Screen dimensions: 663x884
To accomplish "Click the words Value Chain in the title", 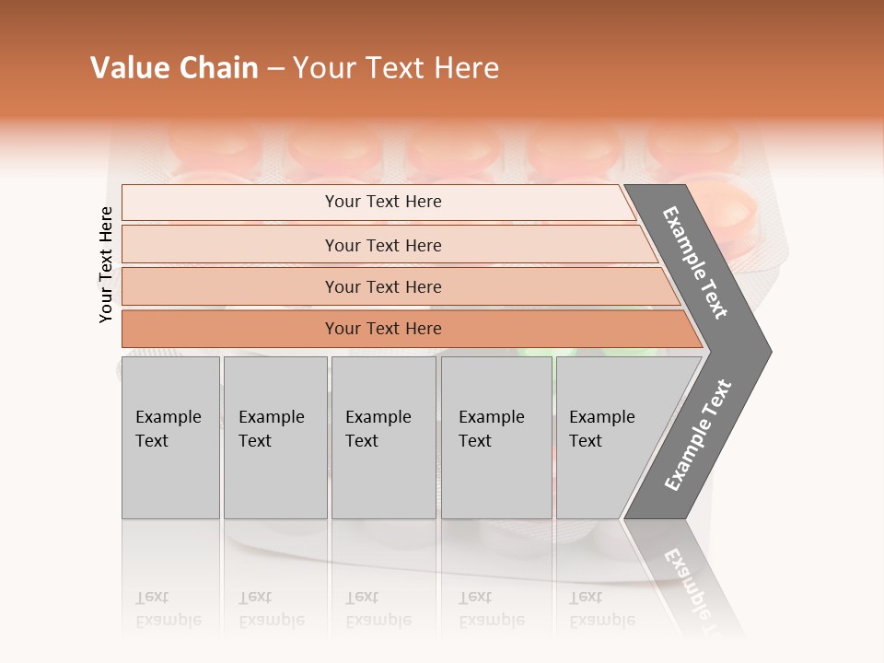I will [x=174, y=68].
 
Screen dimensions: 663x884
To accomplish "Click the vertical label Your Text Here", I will [x=106, y=264].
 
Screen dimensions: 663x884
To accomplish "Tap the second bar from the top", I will [x=383, y=245].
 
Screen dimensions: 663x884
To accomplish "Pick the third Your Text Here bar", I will [x=383, y=286].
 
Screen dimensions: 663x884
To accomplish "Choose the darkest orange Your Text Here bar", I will [x=383, y=329].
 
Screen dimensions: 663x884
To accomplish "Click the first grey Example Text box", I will [x=170, y=437].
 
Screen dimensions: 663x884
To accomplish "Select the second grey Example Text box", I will [x=274, y=437].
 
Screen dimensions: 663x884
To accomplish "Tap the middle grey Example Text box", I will [x=383, y=437].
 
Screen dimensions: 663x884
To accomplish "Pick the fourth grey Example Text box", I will [x=495, y=437].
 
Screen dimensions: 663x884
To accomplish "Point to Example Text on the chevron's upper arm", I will [x=695, y=262].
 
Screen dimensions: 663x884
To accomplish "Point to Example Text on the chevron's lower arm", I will [x=697, y=435].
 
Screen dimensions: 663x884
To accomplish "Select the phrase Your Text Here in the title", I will [x=396, y=68].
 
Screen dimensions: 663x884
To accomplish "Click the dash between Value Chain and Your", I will [x=275, y=69].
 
